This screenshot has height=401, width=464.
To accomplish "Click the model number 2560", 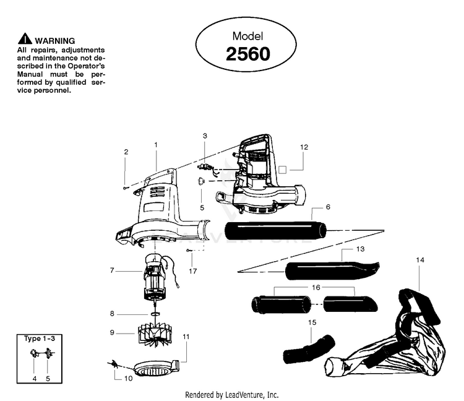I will pyautogui.click(x=247, y=54).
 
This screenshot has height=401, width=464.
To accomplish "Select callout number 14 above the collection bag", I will pyautogui.click(x=420, y=261).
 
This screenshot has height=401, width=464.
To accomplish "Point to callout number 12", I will pyautogui.click(x=304, y=147).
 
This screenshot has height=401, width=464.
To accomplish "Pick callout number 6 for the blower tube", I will pyautogui.click(x=327, y=207).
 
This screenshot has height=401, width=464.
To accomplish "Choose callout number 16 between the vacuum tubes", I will pyautogui.click(x=316, y=287).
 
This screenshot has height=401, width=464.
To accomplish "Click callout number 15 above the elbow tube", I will pyautogui.click(x=311, y=322).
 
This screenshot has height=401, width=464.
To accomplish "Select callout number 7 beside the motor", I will pyautogui.click(x=111, y=270).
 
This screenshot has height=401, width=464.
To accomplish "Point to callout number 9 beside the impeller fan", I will pyautogui.click(x=111, y=332).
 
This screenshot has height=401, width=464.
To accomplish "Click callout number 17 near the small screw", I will pyautogui.click(x=194, y=270).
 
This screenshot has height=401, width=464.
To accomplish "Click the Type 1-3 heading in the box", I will pyautogui.click(x=40, y=339).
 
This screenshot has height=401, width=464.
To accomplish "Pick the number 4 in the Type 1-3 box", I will pyautogui.click(x=35, y=378).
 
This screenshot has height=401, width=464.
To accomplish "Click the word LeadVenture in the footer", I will pyautogui.click(x=244, y=394).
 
